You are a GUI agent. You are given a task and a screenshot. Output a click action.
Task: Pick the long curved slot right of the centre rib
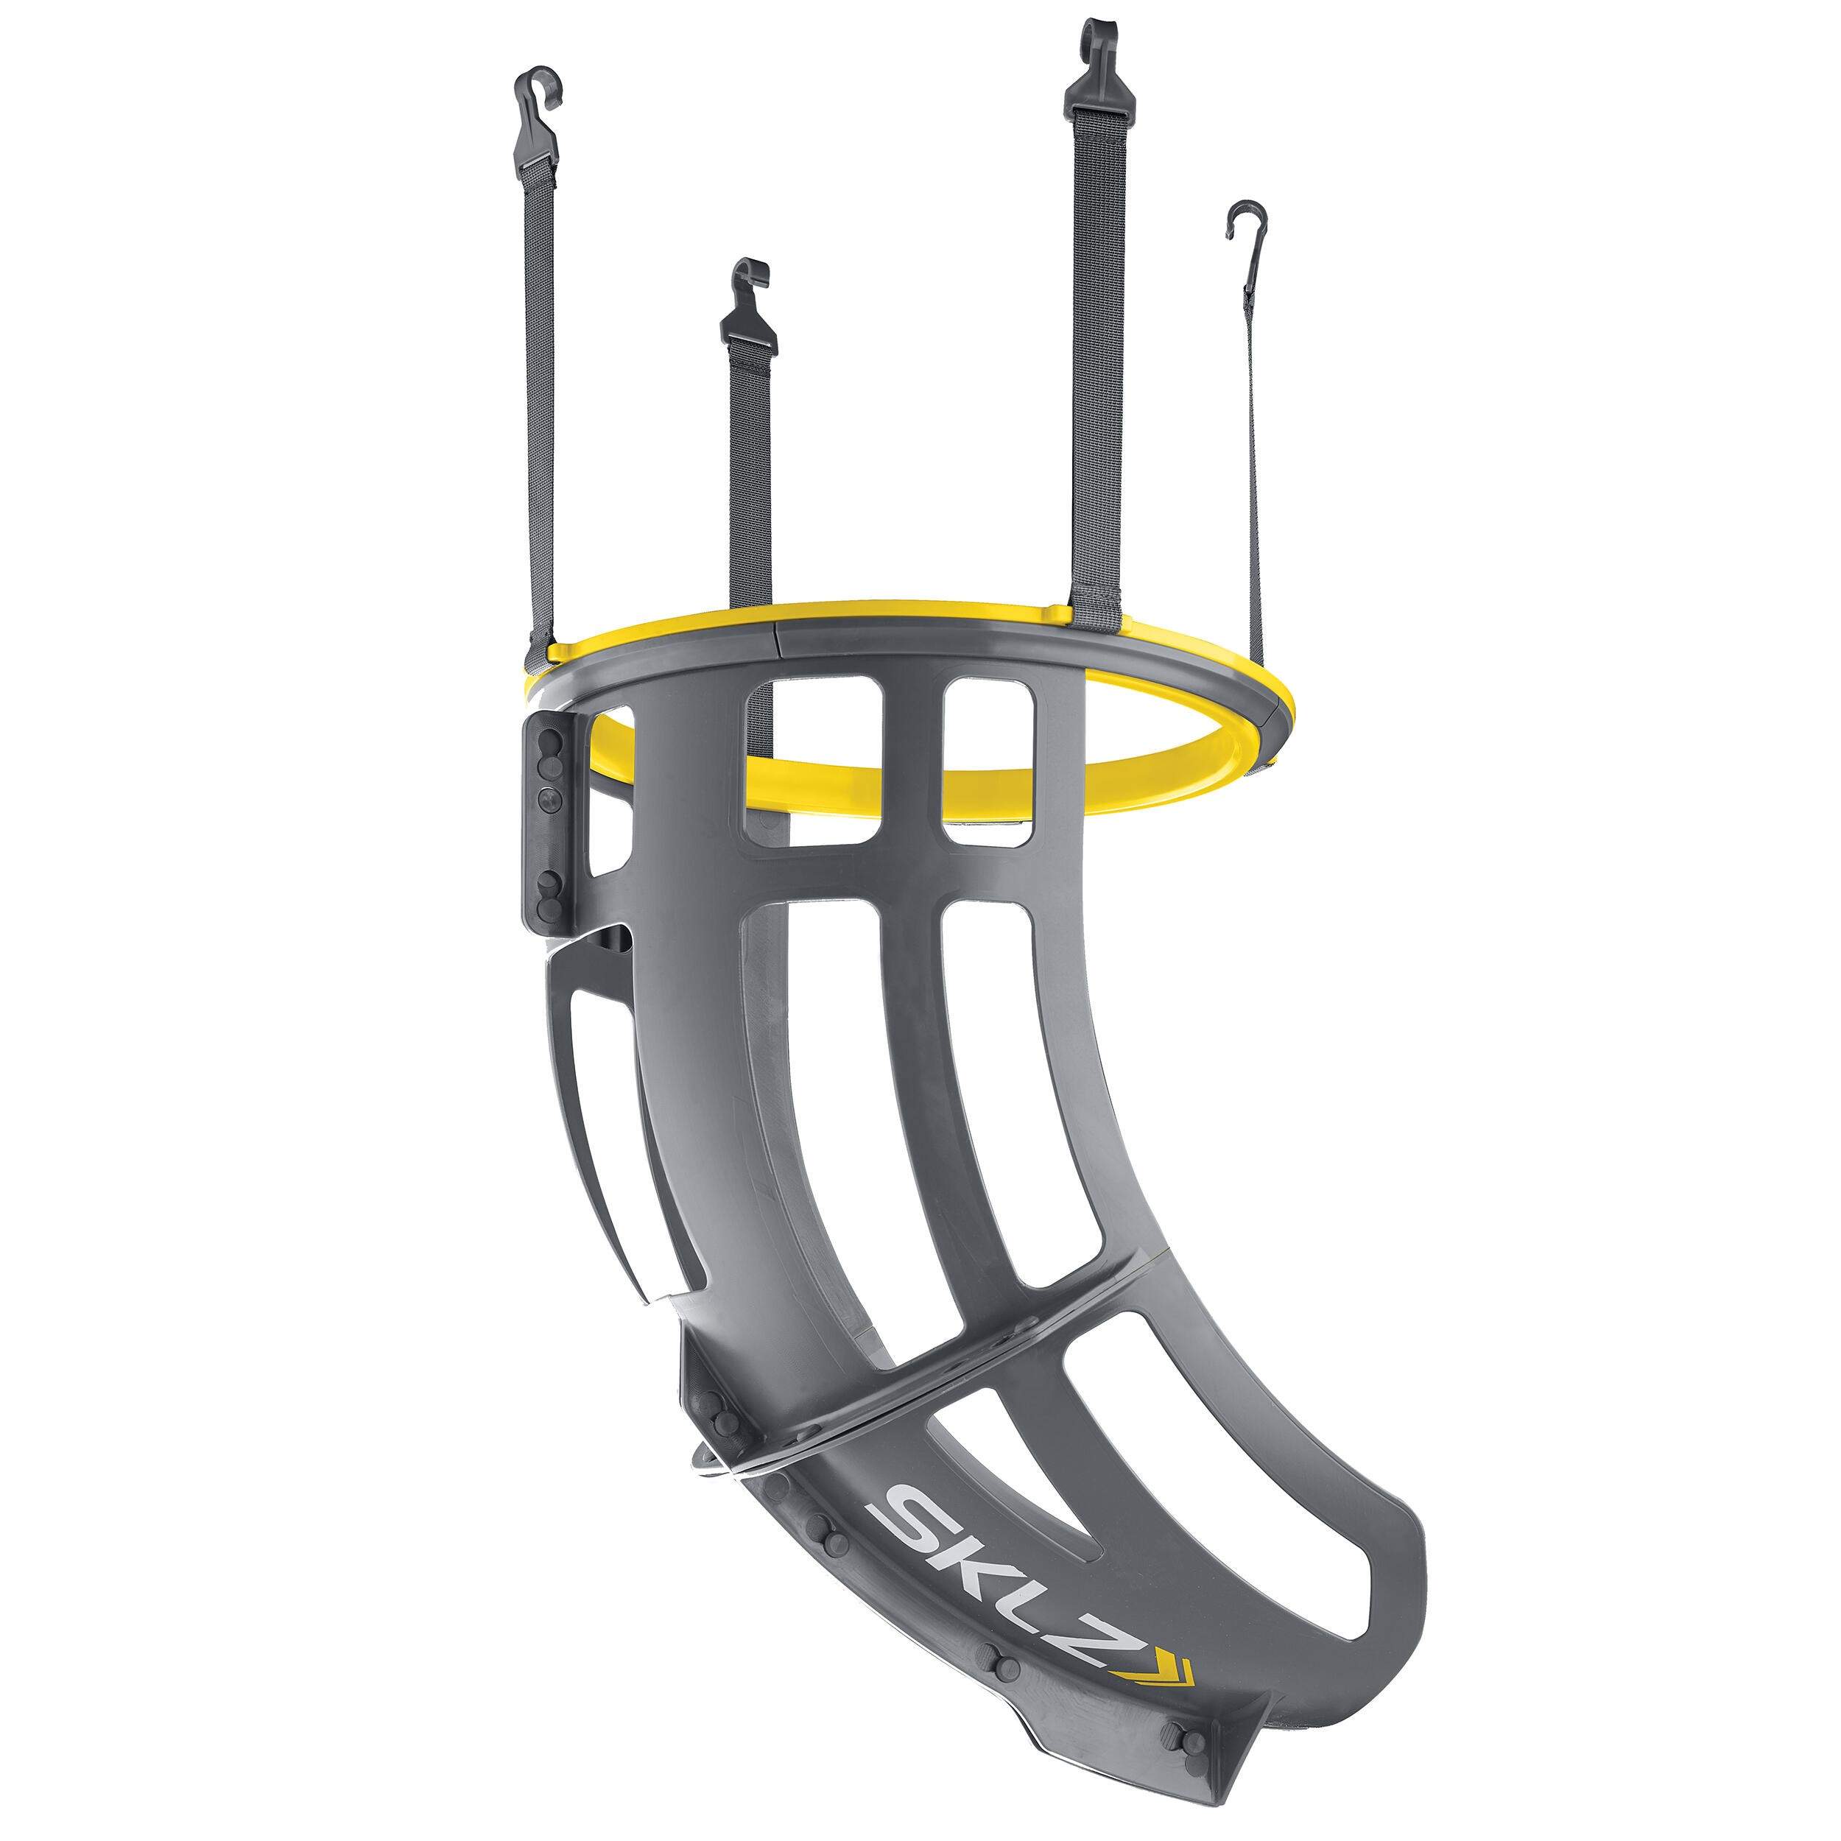(x=1020, y=1096)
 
